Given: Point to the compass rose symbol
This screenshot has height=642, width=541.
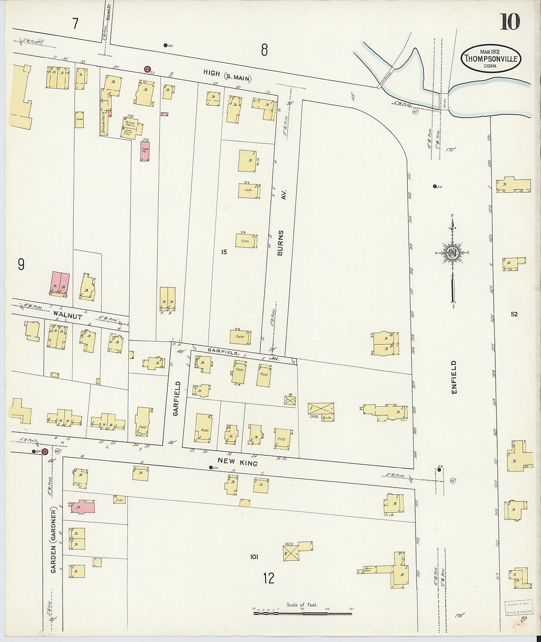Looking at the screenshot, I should (452, 253).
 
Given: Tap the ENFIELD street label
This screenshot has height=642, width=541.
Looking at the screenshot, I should (453, 377).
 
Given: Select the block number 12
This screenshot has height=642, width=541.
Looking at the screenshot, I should (268, 578).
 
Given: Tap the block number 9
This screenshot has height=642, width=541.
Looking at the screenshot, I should (21, 265).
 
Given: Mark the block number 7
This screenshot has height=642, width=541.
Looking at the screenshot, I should (75, 24).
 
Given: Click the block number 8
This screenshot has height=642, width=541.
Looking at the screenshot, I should (265, 50).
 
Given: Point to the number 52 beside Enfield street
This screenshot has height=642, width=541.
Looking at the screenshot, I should (514, 314).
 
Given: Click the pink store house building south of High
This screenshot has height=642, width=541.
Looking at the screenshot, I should (145, 152).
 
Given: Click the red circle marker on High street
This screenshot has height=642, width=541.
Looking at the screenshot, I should (147, 69).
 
